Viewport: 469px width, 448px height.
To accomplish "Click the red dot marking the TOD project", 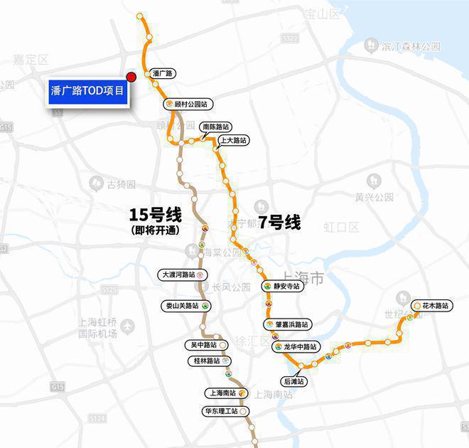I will [x=131, y=77].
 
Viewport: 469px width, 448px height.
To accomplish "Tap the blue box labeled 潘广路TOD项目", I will [x=88, y=91].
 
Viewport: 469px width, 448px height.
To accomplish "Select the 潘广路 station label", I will [x=163, y=73].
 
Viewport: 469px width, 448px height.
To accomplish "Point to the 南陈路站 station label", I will [x=215, y=127].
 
